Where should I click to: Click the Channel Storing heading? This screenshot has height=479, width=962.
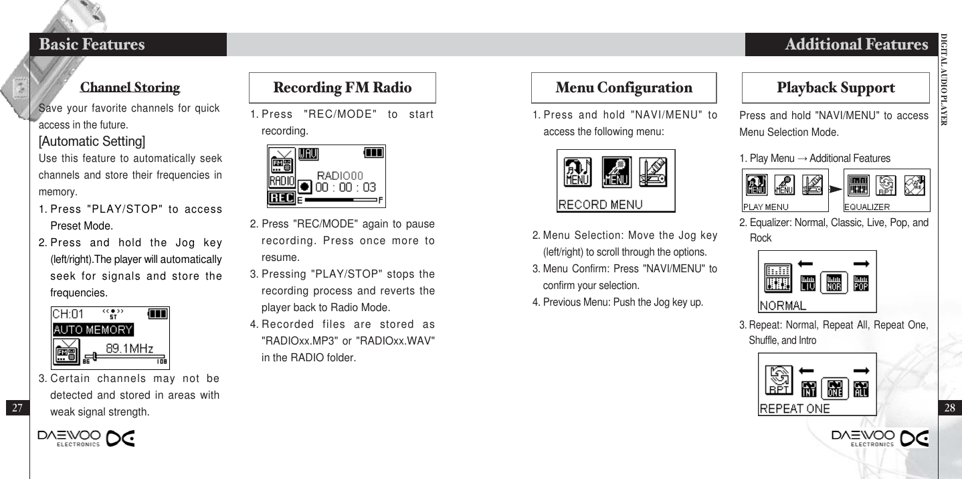[130, 88]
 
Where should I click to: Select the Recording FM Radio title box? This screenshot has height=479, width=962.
[343, 88]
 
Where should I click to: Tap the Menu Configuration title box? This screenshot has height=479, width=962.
[623, 88]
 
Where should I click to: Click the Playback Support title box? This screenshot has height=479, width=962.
[836, 88]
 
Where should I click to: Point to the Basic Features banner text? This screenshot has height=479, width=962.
[92, 45]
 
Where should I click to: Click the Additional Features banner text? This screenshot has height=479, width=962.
[856, 45]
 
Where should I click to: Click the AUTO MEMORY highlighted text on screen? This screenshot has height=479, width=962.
[93, 330]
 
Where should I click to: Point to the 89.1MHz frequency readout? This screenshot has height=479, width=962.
[129, 348]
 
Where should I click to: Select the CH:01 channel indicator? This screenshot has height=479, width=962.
[68, 313]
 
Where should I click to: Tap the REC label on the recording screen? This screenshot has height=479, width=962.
[281, 199]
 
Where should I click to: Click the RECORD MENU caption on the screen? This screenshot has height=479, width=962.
[600, 205]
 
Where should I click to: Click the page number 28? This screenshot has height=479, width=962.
[949, 407]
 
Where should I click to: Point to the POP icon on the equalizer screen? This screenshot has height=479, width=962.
[861, 284]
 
